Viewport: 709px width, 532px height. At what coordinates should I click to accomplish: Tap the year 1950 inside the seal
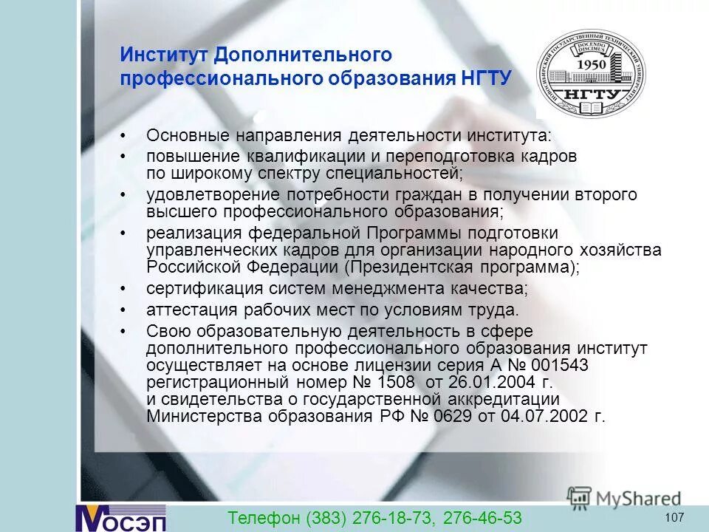[x=592, y=64]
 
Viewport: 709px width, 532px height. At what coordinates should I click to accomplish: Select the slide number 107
[x=674, y=516]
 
